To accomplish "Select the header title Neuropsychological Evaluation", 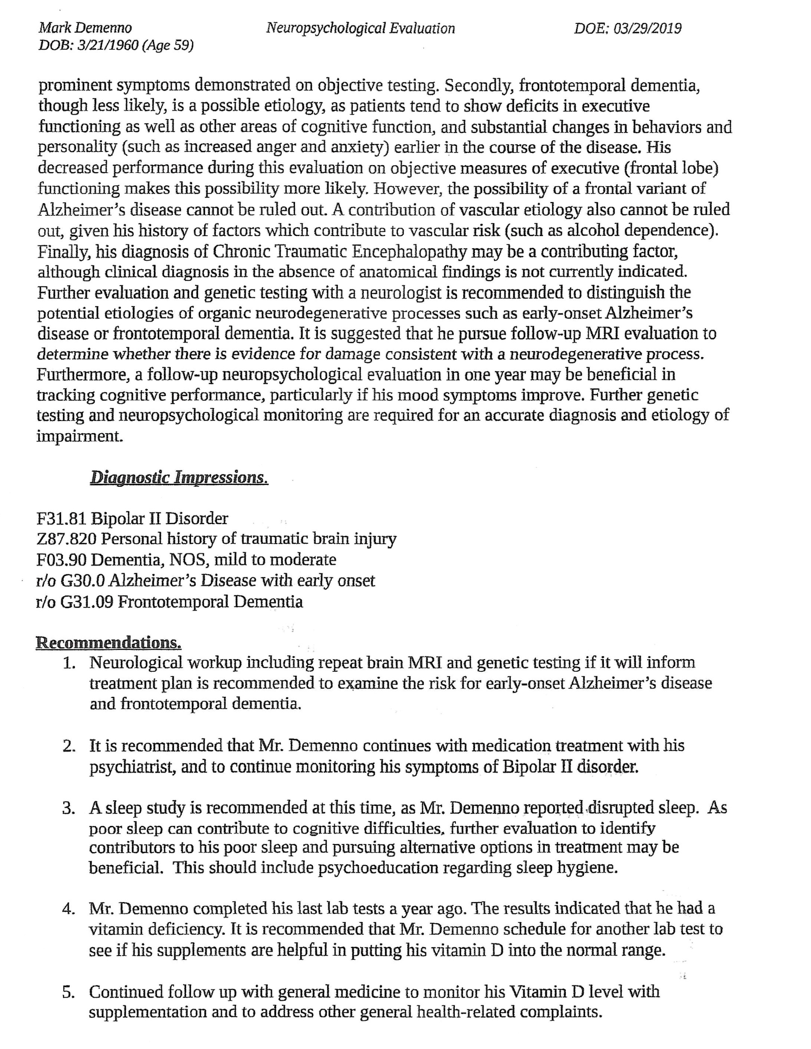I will pyautogui.click(x=360, y=28).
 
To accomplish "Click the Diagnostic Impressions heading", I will pyautogui.click(x=179, y=478).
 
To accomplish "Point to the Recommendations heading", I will pyautogui.click(x=108, y=642).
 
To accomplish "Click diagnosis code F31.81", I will pyautogui.click(x=62, y=519).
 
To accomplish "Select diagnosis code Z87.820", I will pyautogui.click(x=67, y=540).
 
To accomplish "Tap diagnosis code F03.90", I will pyautogui.click(x=62, y=560).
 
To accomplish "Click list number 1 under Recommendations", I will pyautogui.click(x=70, y=663).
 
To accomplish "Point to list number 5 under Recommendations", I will pyautogui.click(x=69, y=992).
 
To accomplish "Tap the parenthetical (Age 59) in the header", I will pyautogui.click(x=168, y=45).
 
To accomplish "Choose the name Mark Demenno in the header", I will pyautogui.click(x=85, y=28).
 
